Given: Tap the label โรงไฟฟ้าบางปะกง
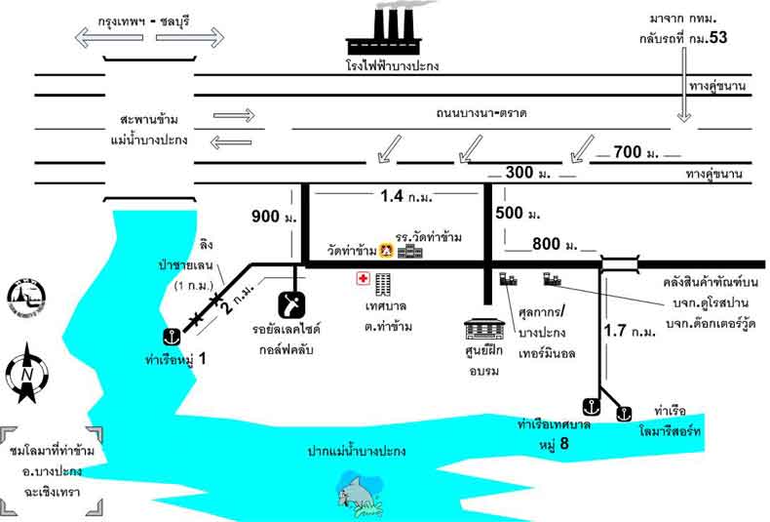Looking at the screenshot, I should coord(393,67).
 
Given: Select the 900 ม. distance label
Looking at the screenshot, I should coord(268,216).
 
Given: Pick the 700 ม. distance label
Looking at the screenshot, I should coord(633,153).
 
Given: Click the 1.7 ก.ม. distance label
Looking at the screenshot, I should coord(630,331).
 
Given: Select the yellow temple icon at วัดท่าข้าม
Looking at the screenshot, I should coord(386,252).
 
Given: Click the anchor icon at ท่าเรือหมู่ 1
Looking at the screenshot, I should coord(170,338).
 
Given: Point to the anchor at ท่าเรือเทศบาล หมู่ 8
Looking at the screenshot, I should coord(589,404).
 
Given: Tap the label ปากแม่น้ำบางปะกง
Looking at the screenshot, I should coord(357,452).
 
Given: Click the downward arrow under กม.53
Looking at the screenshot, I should coord(683,101).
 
